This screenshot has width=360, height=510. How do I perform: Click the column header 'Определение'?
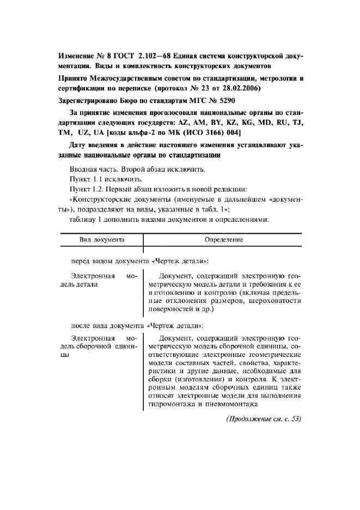tap(223, 239)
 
